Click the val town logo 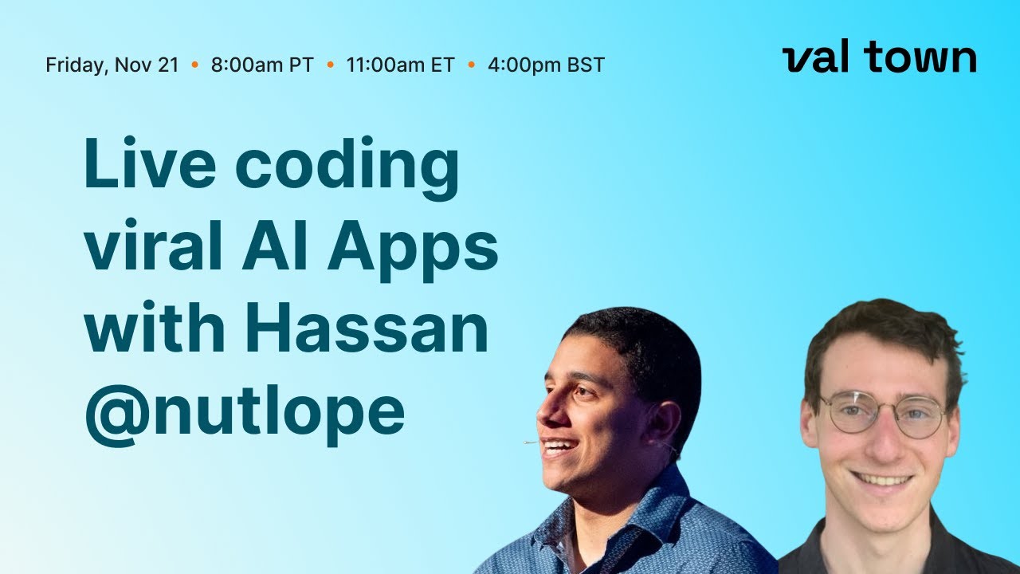(x=879, y=58)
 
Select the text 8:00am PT (x=262, y=65)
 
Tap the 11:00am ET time (x=400, y=65)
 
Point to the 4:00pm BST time (x=546, y=65)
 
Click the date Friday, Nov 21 (x=112, y=65)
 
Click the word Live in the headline (x=149, y=165)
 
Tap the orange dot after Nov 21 (x=195, y=65)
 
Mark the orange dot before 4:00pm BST (x=472, y=65)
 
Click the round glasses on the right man (x=883, y=411)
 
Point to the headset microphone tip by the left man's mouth (x=527, y=442)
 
